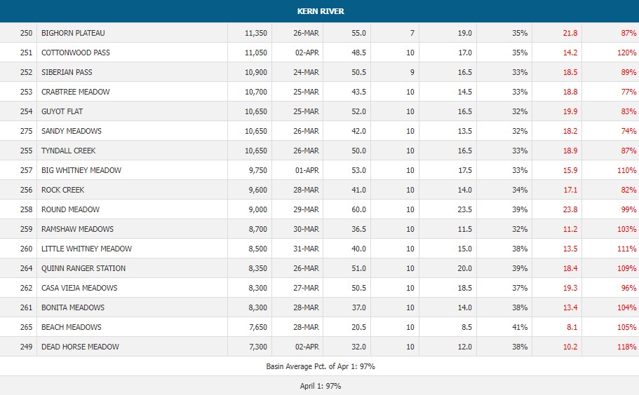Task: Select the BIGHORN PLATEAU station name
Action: coord(73,33)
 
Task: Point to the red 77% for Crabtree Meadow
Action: coord(628,92)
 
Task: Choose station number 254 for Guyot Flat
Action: coord(26,111)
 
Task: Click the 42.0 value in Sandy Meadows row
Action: coord(358,131)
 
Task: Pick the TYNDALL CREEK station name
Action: coord(69,151)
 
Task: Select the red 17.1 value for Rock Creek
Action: coord(570,190)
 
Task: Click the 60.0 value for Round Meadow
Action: coord(358,209)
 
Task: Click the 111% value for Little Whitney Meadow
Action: coord(626,249)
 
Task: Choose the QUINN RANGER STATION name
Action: coord(83,268)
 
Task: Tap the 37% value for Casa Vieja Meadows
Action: coord(519,288)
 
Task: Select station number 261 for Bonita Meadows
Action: coord(26,307)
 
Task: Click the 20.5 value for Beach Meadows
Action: coord(358,327)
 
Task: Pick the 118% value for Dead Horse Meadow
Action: coord(626,347)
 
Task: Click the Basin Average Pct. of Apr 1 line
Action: coord(319,366)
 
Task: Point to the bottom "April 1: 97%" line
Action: coord(319,386)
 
